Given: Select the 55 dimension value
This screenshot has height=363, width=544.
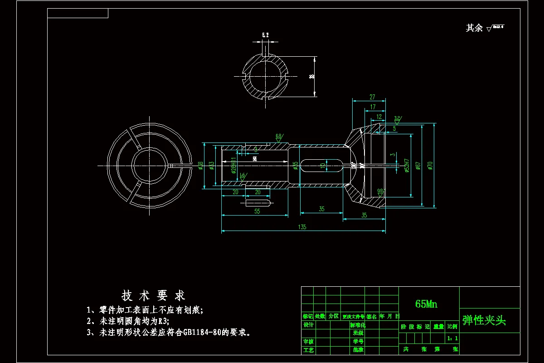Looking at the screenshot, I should [x=257, y=211].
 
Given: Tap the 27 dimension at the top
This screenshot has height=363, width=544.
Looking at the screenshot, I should [x=372, y=97].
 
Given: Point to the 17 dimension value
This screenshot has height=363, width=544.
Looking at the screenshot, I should [x=373, y=107].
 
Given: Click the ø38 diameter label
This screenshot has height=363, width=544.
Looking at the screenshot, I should [x=200, y=166].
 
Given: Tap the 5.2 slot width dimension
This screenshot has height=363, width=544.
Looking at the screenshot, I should [x=265, y=35].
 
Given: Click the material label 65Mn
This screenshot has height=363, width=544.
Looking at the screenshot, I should [x=426, y=304].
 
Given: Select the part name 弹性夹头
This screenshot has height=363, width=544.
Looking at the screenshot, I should [x=484, y=320].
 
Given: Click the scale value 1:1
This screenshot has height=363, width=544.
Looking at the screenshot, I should [x=452, y=338].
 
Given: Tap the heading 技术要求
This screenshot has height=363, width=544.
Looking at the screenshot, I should [x=153, y=296].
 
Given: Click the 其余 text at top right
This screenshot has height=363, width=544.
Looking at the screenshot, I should [x=474, y=28].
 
